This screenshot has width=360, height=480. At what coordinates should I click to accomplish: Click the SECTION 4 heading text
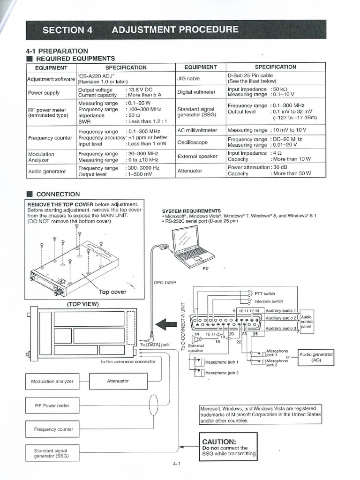tap(67, 30)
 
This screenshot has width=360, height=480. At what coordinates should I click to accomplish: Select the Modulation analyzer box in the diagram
tap(52, 381)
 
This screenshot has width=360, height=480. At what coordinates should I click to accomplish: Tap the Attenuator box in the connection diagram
tap(118, 381)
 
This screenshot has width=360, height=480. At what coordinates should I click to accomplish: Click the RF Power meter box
tap(52, 405)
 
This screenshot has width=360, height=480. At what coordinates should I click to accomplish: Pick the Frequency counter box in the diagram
tap(52, 429)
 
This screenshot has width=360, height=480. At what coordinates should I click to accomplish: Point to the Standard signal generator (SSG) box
tap(52, 453)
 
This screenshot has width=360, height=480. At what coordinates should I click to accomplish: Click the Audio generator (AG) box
tap(316, 358)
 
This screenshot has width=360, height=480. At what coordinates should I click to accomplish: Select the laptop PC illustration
tap(192, 247)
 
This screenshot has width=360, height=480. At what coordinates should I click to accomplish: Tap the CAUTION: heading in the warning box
tap(219, 442)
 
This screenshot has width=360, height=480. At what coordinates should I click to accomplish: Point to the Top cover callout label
tap(112, 292)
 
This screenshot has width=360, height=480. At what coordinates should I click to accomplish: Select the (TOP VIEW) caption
tap(83, 304)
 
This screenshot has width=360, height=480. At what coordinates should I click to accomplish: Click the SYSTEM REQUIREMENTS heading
tap(191, 211)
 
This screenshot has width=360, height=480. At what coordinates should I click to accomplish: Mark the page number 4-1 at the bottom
tap(177, 465)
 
